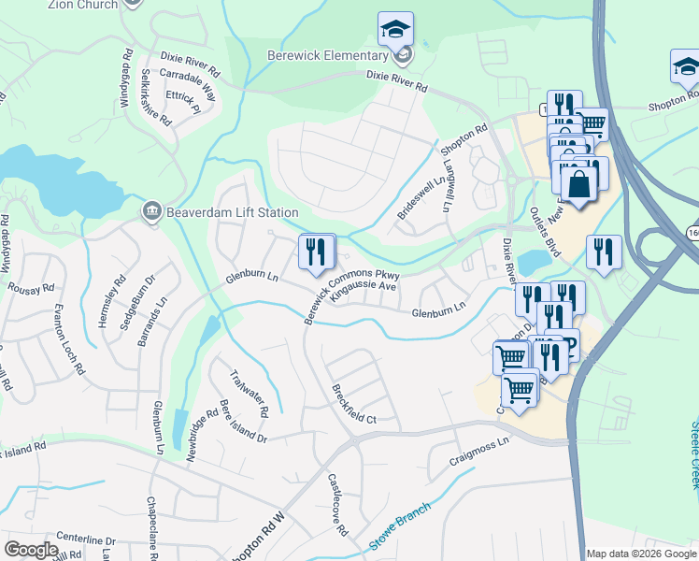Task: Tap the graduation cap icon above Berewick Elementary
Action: point(395,29)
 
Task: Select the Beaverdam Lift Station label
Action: point(233,212)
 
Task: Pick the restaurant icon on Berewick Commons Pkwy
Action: point(316,251)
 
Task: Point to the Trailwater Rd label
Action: point(250,393)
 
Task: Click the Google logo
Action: point(32,550)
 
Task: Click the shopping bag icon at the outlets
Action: point(579,182)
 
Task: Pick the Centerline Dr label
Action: point(85,540)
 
